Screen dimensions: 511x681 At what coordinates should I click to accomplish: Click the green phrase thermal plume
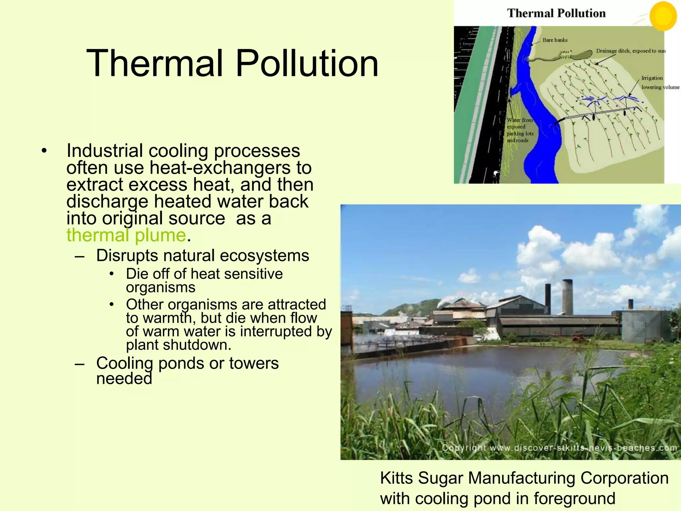click(126, 235)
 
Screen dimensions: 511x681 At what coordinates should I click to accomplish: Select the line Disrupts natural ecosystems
click(203, 255)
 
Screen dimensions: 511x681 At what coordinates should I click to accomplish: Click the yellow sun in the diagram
click(663, 15)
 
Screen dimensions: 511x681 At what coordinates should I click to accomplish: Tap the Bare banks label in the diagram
click(555, 40)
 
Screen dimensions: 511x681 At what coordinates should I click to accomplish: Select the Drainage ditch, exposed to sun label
click(630, 51)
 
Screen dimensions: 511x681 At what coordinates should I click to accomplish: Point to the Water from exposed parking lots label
click(520, 130)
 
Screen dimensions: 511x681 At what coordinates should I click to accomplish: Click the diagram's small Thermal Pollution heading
click(556, 13)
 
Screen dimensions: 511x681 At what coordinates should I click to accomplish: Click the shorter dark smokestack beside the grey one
click(548, 299)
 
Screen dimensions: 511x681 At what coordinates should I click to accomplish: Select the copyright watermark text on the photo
click(559, 448)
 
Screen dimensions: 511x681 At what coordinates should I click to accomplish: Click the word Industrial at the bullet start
click(104, 151)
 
